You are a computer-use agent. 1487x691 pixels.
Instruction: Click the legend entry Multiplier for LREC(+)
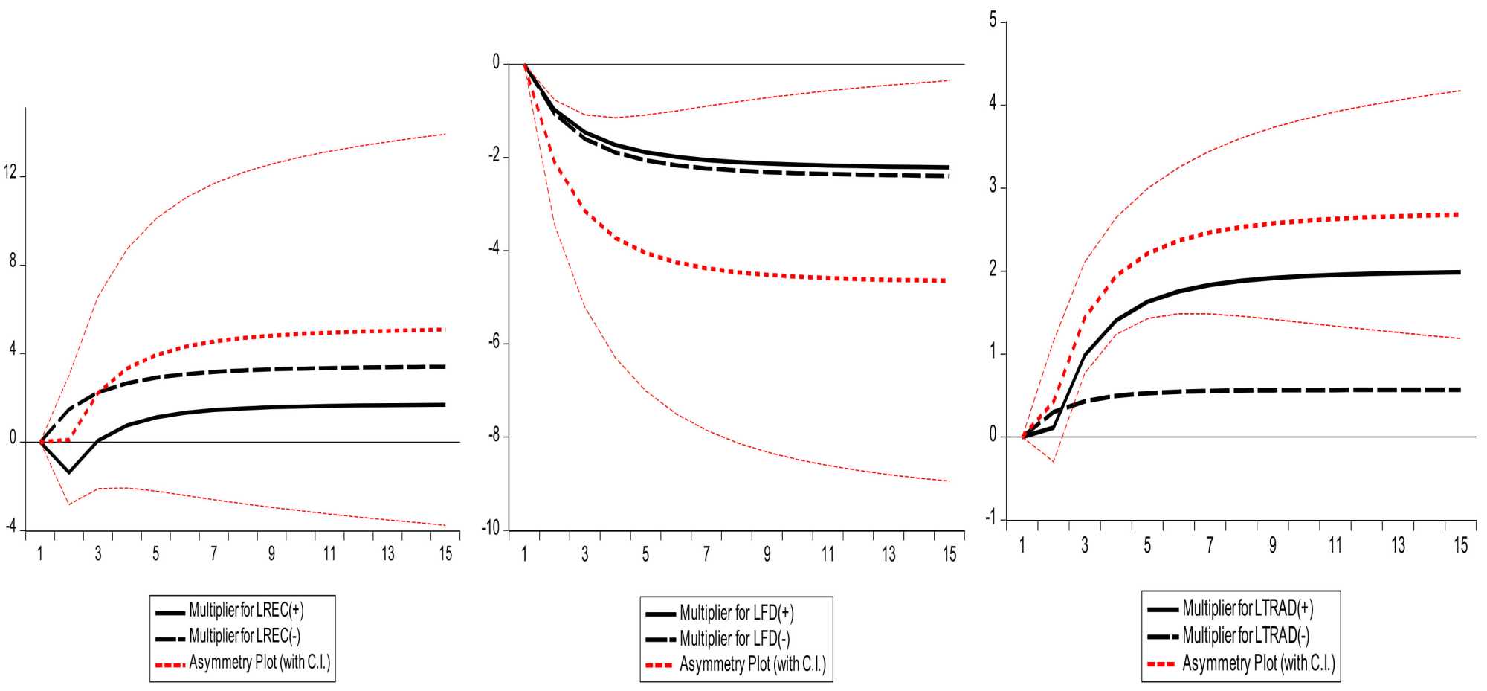pos(246,611)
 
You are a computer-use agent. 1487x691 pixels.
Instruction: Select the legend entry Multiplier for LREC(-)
pos(245,636)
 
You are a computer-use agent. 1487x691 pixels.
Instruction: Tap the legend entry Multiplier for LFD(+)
pos(736,614)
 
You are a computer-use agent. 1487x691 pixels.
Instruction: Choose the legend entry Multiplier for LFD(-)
pos(735,639)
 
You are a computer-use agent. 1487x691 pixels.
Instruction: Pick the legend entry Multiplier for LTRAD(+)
pos(1247,608)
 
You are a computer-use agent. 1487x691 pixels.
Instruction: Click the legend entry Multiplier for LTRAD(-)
pos(1245,635)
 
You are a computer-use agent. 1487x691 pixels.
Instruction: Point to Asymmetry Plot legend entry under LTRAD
pos(1258,663)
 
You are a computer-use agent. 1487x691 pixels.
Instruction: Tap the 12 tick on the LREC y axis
pos(10,173)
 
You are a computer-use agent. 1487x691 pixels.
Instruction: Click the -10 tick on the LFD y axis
pos(490,529)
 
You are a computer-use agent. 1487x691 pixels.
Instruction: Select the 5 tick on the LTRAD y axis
pos(993,21)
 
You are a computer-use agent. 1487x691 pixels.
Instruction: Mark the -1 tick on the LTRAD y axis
pos(990,518)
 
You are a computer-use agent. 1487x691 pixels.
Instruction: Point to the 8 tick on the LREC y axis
pos(13,262)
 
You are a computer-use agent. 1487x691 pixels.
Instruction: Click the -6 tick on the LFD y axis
pos(493,343)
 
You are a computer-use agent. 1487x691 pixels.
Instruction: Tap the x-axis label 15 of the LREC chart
pos(445,554)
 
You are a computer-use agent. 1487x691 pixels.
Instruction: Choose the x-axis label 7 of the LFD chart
pos(706,554)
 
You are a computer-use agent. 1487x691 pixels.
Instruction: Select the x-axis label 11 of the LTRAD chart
pos(1335,546)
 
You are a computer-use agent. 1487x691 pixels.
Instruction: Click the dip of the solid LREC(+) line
pos(69,472)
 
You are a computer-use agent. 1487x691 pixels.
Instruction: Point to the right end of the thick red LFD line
pos(945,280)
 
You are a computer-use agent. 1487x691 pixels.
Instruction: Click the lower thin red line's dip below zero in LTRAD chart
pos(1054,462)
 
